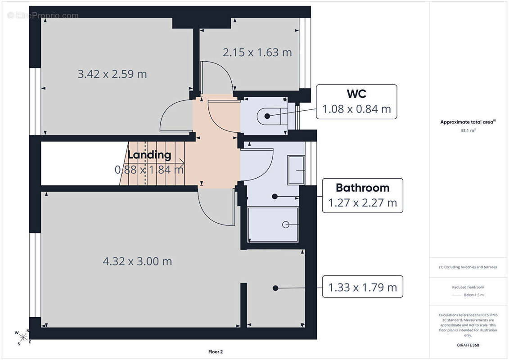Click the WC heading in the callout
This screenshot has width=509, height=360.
(356, 94)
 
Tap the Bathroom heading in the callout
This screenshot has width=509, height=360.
(362, 188)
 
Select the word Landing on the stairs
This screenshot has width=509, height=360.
(149, 155)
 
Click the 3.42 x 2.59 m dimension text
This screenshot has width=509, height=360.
(112, 74)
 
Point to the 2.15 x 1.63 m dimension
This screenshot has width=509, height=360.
(257, 52)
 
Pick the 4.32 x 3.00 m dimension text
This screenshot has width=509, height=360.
(137, 261)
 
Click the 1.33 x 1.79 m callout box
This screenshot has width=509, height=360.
(362, 287)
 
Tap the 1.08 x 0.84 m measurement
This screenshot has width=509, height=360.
(356, 109)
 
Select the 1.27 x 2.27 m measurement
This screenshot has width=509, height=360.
(362, 203)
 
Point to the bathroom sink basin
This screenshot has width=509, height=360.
(296, 170)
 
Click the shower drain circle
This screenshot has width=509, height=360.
(286, 225)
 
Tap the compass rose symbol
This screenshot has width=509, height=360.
(23, 337)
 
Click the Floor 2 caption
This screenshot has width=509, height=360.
(216, 351)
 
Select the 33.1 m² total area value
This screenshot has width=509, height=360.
(468, 130)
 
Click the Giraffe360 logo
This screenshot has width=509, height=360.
(468, 345)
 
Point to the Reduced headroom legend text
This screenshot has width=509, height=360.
(468, 287)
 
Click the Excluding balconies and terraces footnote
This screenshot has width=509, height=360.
(468, 267)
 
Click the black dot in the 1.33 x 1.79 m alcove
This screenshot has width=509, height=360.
(275, 288)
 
